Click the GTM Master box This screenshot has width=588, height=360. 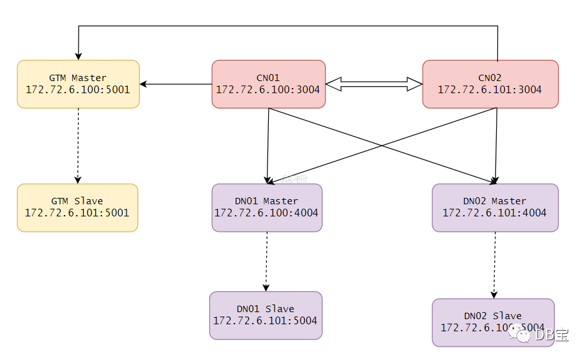point(78,84)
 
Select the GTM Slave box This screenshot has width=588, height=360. point(77,207)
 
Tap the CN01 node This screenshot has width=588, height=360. point(268,84)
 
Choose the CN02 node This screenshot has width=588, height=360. point(490,84)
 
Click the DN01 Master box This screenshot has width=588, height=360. point(267,207)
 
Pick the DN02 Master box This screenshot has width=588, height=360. point(495,207)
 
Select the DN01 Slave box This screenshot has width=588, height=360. point(266,315)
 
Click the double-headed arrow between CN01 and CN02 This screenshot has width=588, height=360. point(373,84)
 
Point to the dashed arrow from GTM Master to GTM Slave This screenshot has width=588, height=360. point(78,146)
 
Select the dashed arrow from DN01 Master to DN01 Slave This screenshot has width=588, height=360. point(266,262)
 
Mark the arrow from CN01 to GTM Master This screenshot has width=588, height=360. point(176,84)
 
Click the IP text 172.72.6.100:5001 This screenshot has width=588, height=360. point(78,89)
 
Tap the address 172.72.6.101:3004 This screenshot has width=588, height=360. point(490,90)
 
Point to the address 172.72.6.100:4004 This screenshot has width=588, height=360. point(266,213)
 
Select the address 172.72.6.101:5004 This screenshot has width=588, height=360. point(265,321)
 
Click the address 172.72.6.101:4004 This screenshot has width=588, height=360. point(495,213)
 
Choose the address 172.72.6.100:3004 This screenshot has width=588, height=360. point(268,89)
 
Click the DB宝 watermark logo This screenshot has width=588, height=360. point(543,334)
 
